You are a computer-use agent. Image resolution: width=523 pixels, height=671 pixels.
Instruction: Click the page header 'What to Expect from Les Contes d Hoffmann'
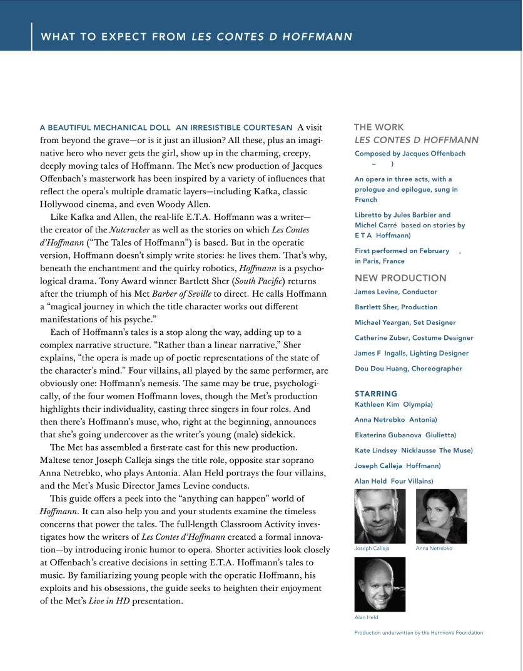tap(196, 37)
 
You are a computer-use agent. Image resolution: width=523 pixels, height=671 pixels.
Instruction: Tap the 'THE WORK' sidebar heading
tap(378, 127)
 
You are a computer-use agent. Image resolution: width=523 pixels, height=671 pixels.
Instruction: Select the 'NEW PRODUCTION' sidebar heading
tap(400, 278)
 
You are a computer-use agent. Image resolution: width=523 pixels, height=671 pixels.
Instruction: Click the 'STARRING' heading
tap(376, 394)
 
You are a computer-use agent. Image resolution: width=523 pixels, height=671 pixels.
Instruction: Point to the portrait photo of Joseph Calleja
tap(380, 516)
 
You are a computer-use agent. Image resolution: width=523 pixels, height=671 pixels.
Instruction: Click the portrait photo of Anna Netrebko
tap(441, 516)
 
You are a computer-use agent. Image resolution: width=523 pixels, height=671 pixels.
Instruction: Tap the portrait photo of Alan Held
tap(380, 584)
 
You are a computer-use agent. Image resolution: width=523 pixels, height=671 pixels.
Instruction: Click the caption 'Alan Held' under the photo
tap(367, 617)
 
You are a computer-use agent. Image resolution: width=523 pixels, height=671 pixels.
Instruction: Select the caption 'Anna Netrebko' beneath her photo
tap(434, 549)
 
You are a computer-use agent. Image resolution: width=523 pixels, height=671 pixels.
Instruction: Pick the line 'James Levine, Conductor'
tap(396, 292)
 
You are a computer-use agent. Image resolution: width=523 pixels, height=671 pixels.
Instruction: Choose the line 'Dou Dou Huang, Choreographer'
tap(409, 369)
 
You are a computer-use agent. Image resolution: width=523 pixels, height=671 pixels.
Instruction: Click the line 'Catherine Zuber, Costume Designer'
tap(414, 338)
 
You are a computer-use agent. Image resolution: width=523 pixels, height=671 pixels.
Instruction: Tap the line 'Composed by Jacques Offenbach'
tap(410, 154)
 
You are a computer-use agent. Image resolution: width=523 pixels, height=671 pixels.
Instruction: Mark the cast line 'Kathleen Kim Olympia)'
tap(394, 405)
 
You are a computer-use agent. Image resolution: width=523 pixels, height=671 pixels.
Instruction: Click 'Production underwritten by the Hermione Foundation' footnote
tap(419, 633)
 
